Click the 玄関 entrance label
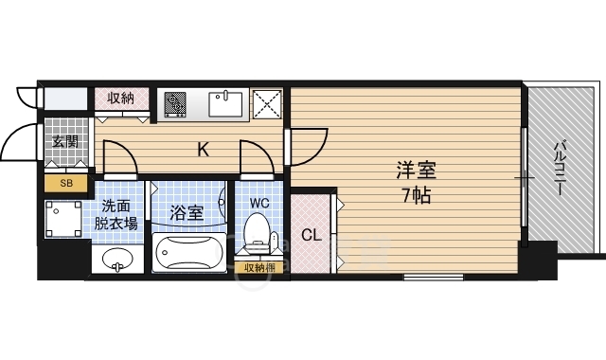[x=65, y=142]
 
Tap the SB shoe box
[x=66, y=183]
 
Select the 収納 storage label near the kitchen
[x=121, y=99]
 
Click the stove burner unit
[x=175, y=104]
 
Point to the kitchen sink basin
[x=225, y=103]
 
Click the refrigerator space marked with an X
[x=267, y=104]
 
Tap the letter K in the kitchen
[x=204, y=150]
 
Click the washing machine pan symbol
[x=63, y=219]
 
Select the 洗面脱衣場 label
[x=116, y=215]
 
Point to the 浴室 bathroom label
[x=187, y=212]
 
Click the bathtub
[x=189, y=253]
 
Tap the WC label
[x=259, y=203]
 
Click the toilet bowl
[x=255, y=231]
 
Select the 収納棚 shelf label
[x=259, y=267]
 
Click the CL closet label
[x=312, y=235]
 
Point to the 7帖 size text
[x=417, y=196]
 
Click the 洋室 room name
[x=417, y=171]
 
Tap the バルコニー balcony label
[x=559, y=169]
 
